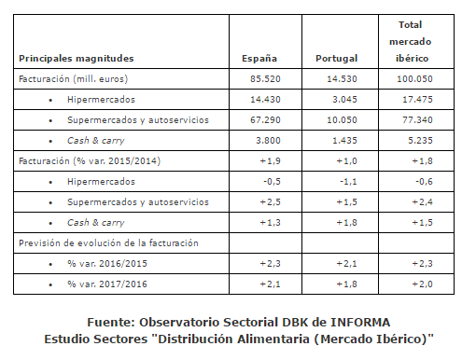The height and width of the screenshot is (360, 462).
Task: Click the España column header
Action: pyautogui.click(x=259, y=59)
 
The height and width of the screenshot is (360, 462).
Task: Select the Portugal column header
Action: pyautogui.click(x=336, y=59)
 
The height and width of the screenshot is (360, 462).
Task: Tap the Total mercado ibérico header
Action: pyautogui.click(x=410, y=41)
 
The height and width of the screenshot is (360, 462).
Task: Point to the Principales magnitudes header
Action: pyautogui.click(x=77, y=59)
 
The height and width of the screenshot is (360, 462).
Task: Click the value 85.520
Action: pyautogui.click(x=265, y=79)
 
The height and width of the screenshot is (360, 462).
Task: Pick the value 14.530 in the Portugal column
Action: pyautogui.click(x=342, y=79)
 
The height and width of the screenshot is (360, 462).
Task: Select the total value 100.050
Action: pyautogui.click(x=414, y=79)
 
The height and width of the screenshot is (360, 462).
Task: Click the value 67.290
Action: pyautogui.click(x=265, y=120)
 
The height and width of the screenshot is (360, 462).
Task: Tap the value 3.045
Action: pyautogui.click(x=344, y=100)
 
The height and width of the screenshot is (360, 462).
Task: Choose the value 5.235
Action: pyautogui.click(x=420, y=141)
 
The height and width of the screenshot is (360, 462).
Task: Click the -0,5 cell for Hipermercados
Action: pyautogui.click(x=272, y=182)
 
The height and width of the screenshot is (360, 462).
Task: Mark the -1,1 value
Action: pyautogui.click(x=348, y=182)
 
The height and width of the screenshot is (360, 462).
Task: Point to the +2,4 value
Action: pyautogui.click(x=422, y=202)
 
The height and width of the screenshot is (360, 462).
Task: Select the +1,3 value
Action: pyautogui.click(x=270, y=223)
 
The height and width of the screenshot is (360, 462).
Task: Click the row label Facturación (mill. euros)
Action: pyautogui.click(x=73, y=79)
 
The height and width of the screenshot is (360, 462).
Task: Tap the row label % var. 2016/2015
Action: pyautogui.click(x=107, y=264)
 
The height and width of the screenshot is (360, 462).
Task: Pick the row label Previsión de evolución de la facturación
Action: pyautogui.click(x=108, y=243)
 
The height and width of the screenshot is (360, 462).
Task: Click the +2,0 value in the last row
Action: pyautogui.click(x=422, y=284)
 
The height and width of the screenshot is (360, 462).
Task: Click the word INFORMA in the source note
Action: pyautogui.click(x=360, y=323)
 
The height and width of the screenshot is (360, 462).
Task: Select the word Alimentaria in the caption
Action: pyautogui.click(x=273, y=339)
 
